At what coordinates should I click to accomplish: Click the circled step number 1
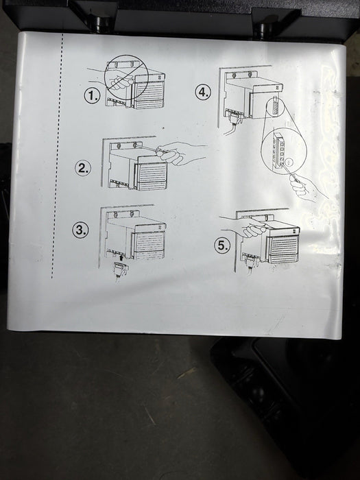[92, 96]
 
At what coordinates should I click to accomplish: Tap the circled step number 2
[83, 168]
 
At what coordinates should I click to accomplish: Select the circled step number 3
[80, 230]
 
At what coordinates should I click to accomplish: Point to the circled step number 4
[204, 91]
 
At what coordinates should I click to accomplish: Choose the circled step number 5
[222, 245]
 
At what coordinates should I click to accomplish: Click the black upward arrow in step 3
[121, 257]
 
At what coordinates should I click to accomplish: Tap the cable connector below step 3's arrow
[121, 269]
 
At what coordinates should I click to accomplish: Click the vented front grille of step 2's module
[152, 175]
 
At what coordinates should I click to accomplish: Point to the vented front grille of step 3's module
[149, 245]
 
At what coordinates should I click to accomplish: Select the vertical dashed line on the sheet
[57, 156]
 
